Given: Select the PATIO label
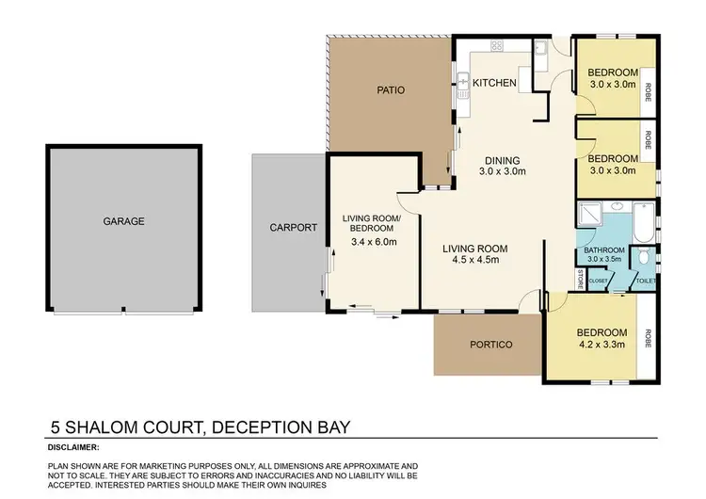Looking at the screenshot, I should point(390,90).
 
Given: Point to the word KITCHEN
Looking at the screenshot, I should point(494,83).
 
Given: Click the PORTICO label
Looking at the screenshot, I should point(489,345).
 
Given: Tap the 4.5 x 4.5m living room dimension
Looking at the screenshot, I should point(475,260).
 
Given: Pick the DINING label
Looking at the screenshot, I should point(501,160).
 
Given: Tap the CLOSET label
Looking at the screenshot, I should point(599,280).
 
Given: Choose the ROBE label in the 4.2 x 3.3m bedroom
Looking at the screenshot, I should point(648,338).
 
